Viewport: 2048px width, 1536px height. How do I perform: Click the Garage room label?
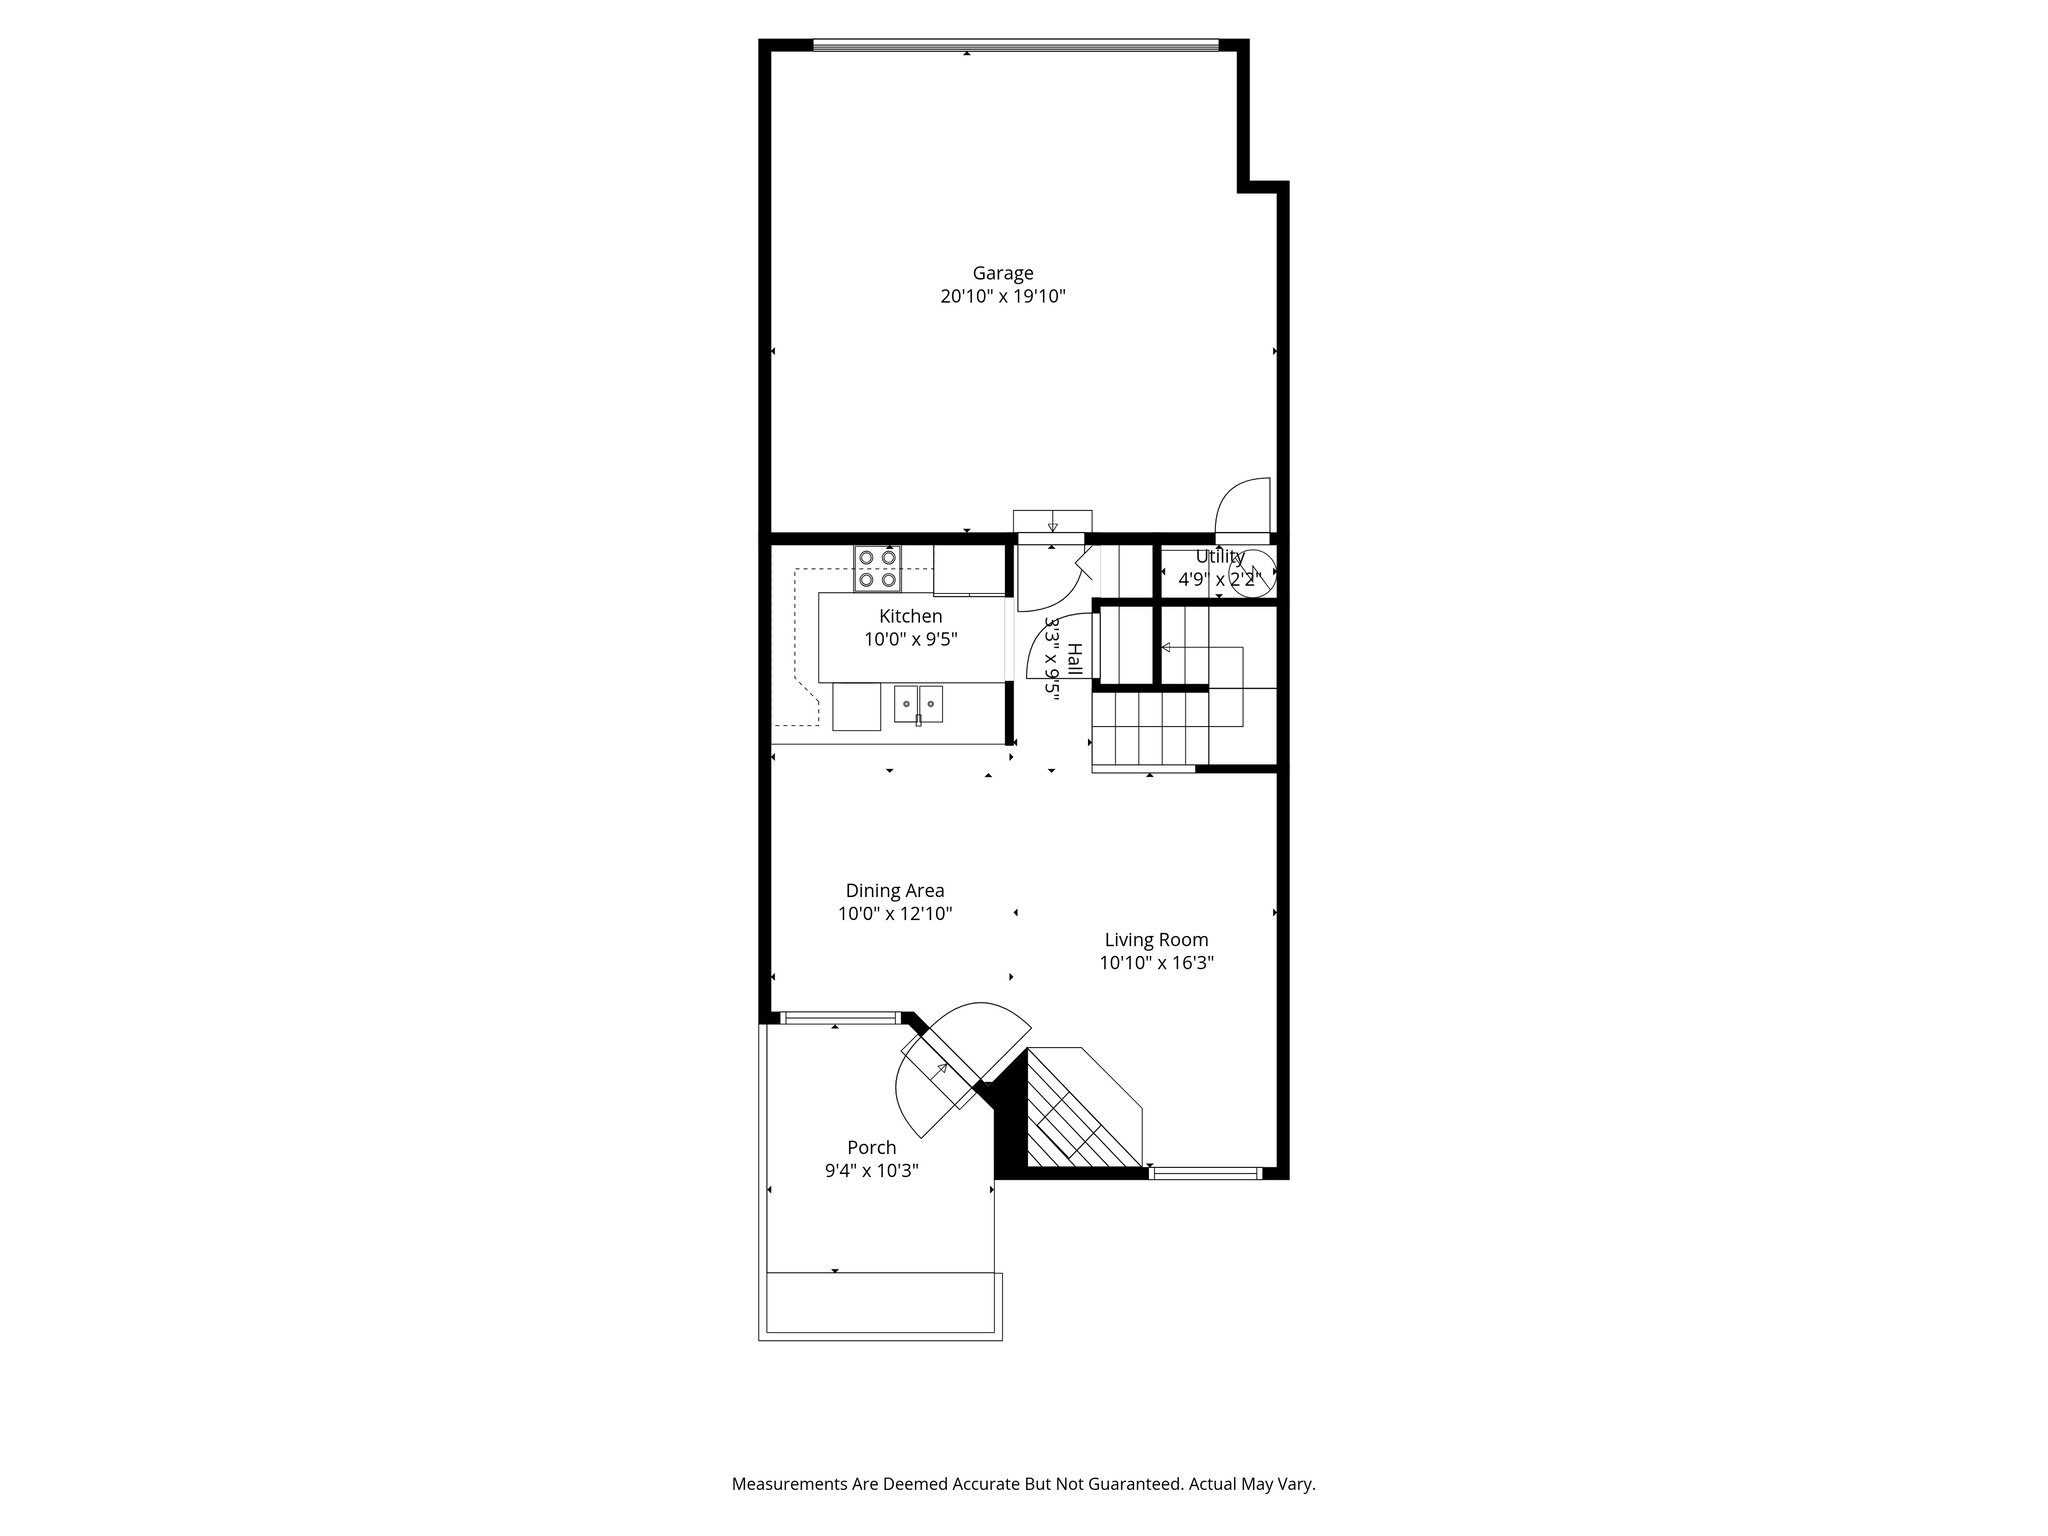(x=1002, y=273)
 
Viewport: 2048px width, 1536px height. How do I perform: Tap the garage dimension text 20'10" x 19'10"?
(x=1002, y=297)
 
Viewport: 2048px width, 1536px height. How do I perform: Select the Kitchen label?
(x=910, y=616)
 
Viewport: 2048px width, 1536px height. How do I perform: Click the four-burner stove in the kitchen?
(x=877, y=568)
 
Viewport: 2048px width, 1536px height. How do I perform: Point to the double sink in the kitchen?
(x=218, y=703)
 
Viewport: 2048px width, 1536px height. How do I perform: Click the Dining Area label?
(x=894, y=890)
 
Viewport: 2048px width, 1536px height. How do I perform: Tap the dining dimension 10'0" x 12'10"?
(x=894, y=913)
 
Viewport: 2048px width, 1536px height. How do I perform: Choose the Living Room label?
(x=1156, y=940)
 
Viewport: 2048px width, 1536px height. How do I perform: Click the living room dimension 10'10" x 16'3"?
(x=1156, y=963)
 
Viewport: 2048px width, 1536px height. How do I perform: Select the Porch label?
(x=871, y=1147)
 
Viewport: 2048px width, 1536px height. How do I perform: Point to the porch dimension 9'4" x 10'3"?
(x=871, y=1171)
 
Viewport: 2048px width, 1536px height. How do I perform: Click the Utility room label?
(x=1220, y=556)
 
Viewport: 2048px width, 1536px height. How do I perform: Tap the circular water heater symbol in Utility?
(x=1252, y=574)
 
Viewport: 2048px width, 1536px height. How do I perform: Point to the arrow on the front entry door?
(x=941, y=1069)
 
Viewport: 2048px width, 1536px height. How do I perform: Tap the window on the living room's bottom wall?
(x=1205, y=1173)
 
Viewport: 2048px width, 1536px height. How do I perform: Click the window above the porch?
(x=839, y=1018)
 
